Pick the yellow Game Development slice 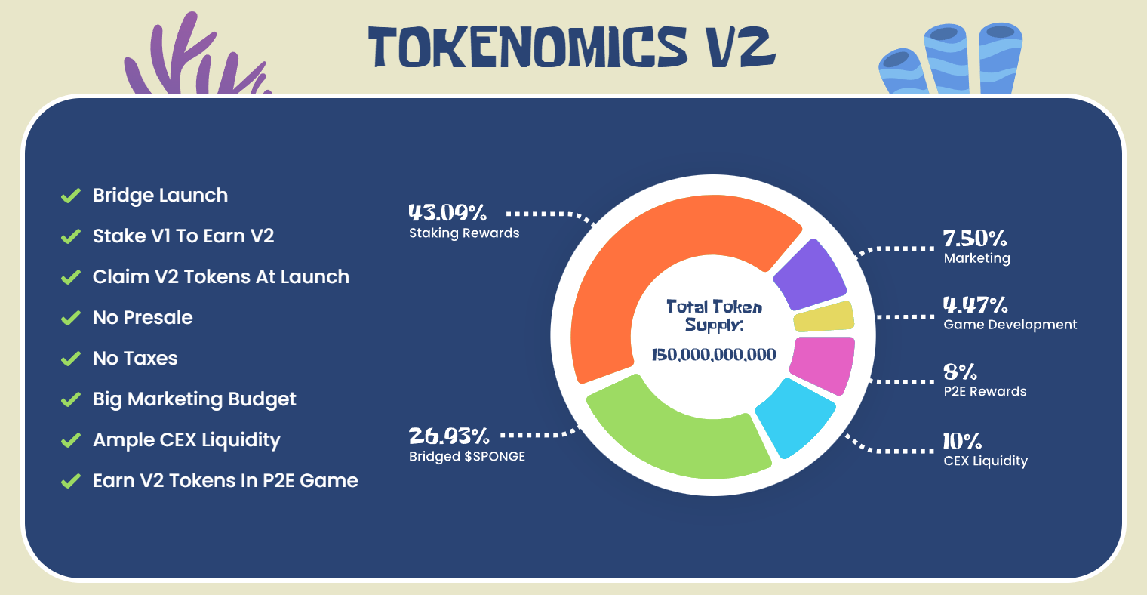pyautogui.click(x=823, y=316)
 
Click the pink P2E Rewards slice pyautogui.click(x=823, y=364)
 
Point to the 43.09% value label pyautogui.click(x=447, y=212)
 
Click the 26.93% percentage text pyautogui.click(x=449, y=436)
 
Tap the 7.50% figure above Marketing pyautogui.click(x=975, y=239)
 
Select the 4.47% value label pyautogui.click(x=976, y=305)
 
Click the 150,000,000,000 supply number pyautogui.click(x=713, y=354)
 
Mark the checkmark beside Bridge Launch pyautogui.click(x=71, y=196)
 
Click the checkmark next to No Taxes pyautogui.click(x=71, y=358)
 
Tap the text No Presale pyautogui.click(x=143, y=317)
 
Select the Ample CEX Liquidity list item pyautogui.click(x=186, y=440)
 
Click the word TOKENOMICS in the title pyautogui.click(x=527, y=47)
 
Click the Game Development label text pyautogui.click(x=1010, y=325)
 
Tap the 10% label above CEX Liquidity pyautogui.click(x=962, y=441)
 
